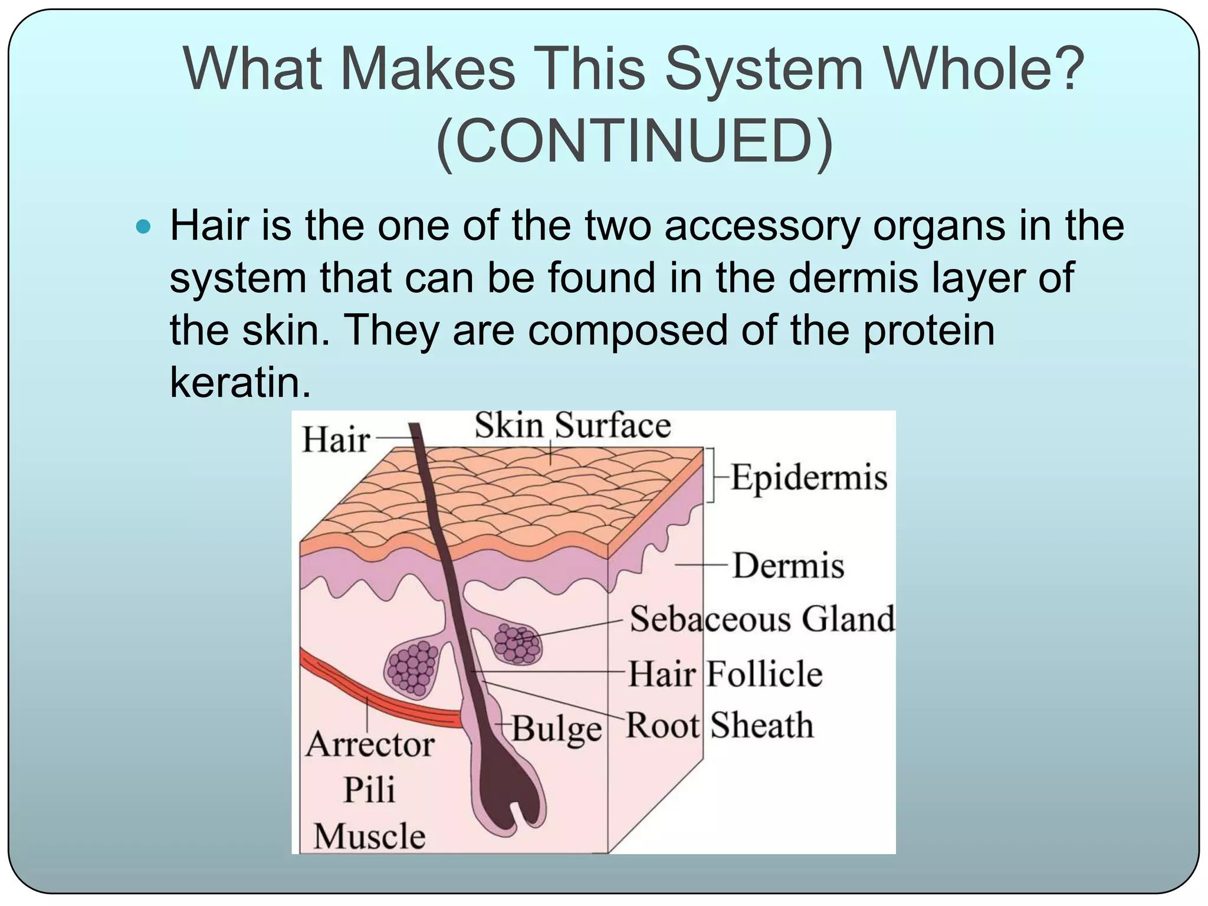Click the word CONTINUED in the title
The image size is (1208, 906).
click(635, 142)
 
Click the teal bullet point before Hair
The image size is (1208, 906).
click(143, 226)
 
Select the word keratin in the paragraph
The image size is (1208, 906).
click(239, 382)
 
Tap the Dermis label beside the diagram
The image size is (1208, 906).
click(788, 565)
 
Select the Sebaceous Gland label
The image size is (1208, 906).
click(762, 619)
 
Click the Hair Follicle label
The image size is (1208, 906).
click(725, 673)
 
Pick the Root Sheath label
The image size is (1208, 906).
click(719, 725)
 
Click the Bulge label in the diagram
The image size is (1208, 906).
click(556, 729)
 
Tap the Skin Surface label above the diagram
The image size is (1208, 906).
click(572, 425)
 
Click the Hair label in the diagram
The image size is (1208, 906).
click(336, 440)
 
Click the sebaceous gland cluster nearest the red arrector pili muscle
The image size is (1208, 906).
click(413, 668)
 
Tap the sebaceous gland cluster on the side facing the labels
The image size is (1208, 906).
click(517, 643)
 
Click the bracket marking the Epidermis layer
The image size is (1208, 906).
click(711, 475)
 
